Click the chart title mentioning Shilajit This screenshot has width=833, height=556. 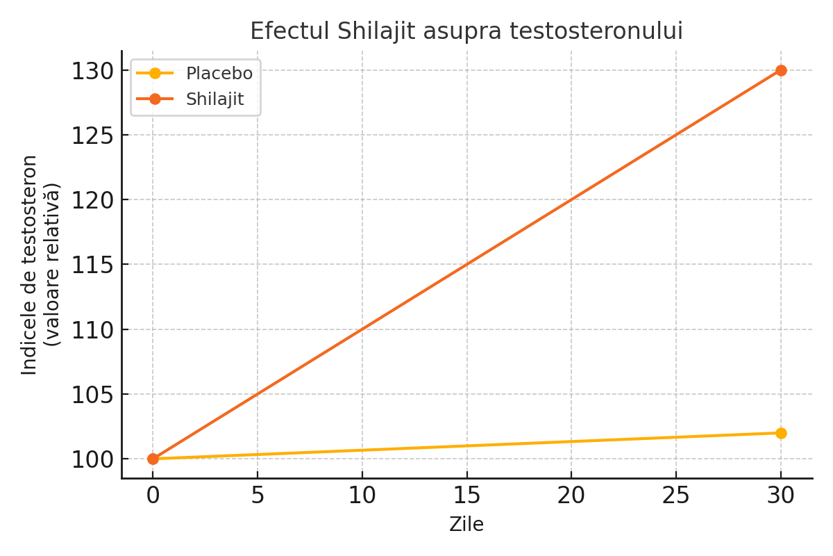coord(466,31)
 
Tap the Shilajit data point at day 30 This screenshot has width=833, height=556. coord(781,70)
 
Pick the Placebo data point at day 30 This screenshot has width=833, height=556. coord(781,433)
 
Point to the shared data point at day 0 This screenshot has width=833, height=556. coord(153,459)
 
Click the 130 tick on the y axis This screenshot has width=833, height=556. coord(92,71)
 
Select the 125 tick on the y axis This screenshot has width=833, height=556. coord(92,136)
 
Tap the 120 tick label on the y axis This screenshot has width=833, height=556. coord(92,200)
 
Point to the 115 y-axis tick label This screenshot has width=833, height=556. coord(92,265)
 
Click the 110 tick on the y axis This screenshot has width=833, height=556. coord(92,329)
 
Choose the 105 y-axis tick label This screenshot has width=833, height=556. coord(92,394)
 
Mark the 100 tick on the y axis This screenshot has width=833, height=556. coord(92,459)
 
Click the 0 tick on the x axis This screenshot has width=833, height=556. coord(153,496)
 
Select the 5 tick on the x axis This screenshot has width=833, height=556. coord(258,496)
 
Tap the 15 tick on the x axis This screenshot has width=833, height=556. coord(466,496)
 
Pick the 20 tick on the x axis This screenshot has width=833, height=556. coord(571,496)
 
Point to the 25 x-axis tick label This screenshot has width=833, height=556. coord(675,496)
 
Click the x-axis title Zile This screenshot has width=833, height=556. coord(466,525)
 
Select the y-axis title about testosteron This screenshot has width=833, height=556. coord(40,264)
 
